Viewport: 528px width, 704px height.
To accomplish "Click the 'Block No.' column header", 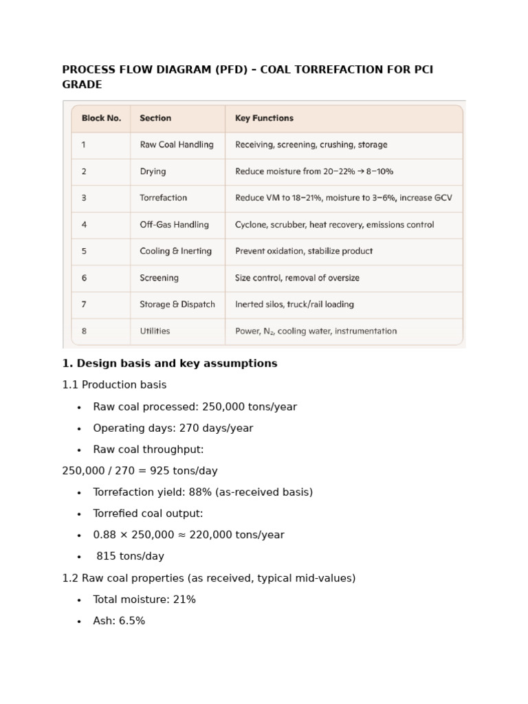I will click(101, 118).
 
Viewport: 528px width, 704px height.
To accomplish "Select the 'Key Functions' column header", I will click(264, 118).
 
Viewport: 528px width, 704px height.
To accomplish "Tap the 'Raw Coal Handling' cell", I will click(177, 145).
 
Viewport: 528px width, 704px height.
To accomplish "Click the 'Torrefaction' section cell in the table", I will click(163, 198).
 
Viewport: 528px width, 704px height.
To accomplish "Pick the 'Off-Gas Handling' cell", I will click(174, 225).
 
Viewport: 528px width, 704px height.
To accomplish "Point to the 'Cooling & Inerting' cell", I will click(175, 252).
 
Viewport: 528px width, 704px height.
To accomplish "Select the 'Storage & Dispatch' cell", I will click(177, 305).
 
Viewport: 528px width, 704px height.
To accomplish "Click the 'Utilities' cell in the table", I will click(155, 331).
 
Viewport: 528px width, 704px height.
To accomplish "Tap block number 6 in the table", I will click(84, 278).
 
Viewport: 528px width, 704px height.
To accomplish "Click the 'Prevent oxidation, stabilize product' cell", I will click(304, 252).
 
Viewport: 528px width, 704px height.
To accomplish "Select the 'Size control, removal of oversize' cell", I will click(297, 278).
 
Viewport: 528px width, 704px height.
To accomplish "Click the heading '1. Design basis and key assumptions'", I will click(170, 364).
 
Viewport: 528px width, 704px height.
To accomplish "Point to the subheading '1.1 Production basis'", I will click(114, 385).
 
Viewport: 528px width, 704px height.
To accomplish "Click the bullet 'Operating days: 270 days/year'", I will click(173, 428).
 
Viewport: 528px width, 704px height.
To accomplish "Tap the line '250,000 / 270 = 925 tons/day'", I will click(140, 471).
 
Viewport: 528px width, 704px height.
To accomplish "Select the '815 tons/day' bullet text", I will click(130, 556).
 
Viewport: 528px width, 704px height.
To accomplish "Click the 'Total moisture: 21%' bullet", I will click(144, 599).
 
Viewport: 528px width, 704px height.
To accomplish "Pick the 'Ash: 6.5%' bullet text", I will click(119, 621).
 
